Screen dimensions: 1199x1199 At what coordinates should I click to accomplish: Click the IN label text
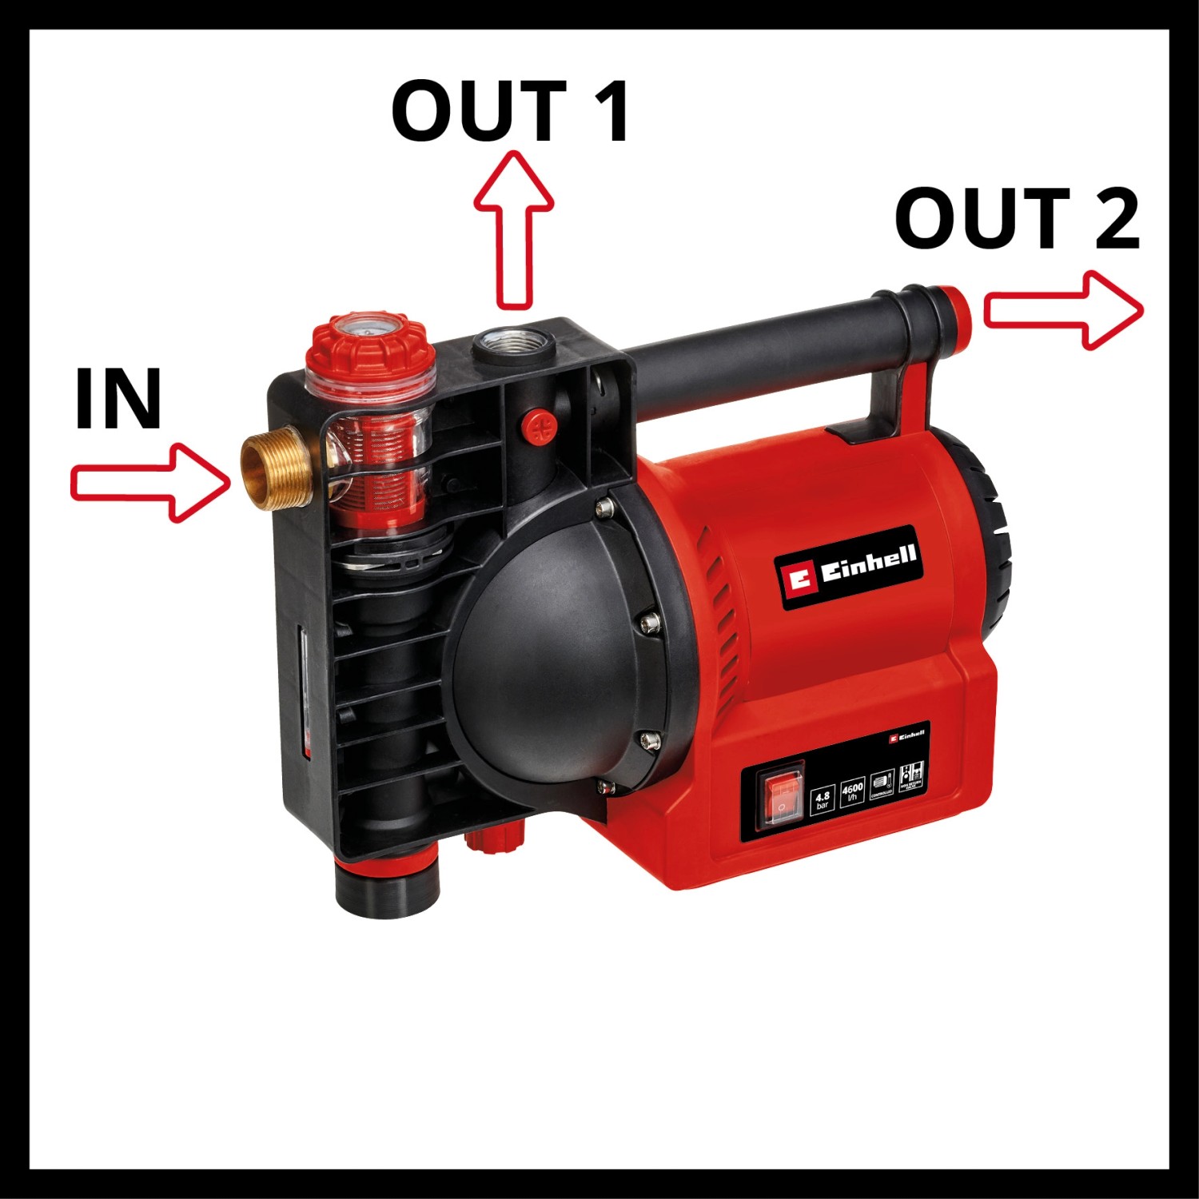118,400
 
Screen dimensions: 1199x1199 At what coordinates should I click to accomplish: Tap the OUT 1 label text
510,112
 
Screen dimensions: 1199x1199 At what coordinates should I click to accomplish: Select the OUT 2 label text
1017,219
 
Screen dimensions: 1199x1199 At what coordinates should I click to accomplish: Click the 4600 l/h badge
853,793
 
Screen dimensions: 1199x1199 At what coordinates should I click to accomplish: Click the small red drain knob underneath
493,839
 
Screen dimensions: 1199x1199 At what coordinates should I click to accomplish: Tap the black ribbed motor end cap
991,544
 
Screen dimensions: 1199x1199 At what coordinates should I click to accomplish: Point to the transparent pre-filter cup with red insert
376,464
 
